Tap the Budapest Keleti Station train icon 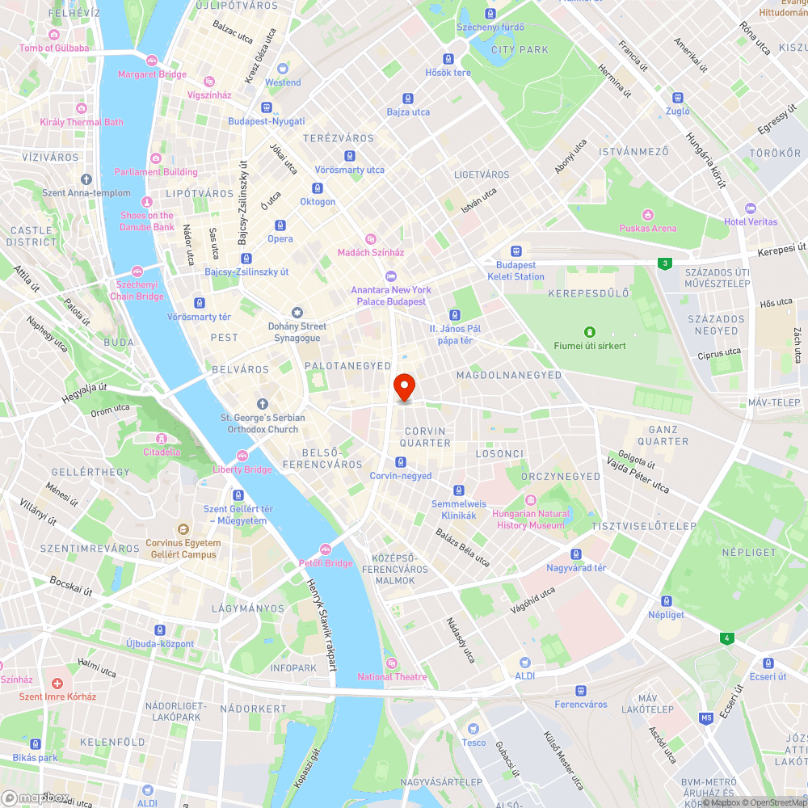(516, 251)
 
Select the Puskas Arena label (647, 229)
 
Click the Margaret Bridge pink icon (151, 61)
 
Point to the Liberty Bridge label (242, 469)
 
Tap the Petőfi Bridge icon (326, 549)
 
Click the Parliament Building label (156, 172)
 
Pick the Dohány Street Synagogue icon (297, 313)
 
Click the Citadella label (162, 452)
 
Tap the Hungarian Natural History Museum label (531, 520)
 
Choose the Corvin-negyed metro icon (400, 462)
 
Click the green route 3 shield (664, 263)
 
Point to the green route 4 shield (728, 638)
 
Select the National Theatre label (392, 677)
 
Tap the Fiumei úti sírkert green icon (590, 332)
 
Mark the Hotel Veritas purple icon (751, 208)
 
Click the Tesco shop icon (474, 729)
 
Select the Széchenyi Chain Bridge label (139, 291)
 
